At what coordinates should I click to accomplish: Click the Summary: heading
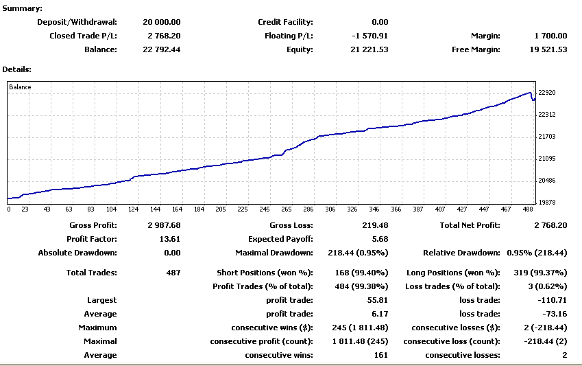point(22,8)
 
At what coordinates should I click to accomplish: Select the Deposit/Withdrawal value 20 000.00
point(162,22)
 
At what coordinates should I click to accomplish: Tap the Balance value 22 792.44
point(162,49)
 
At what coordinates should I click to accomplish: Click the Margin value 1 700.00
point(550,36)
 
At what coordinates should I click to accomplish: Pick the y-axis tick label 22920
point(547,93)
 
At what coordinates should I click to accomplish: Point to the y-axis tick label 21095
point(547,159)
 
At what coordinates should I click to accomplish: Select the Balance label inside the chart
point(20,87)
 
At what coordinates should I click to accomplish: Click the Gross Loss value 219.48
point(374,225)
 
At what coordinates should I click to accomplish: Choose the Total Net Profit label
point(470,225)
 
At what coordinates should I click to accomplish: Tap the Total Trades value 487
point(173,273)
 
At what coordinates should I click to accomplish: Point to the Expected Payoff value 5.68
point(380,239)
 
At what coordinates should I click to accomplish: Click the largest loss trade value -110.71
point(553,300)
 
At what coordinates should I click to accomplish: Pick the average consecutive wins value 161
point(380,355)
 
